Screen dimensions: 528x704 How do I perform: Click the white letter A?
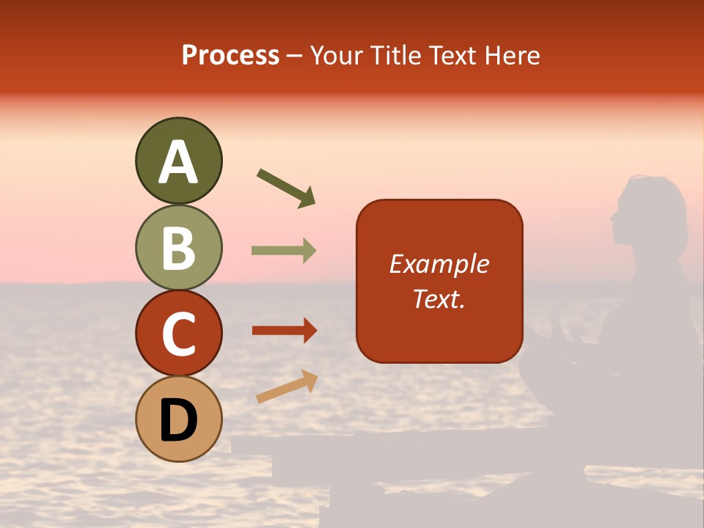coord(178,162)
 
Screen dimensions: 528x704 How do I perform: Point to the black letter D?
coord(178,421)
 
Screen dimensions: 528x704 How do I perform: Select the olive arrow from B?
coord(284,250)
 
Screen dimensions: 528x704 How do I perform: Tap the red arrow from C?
coord(285,331)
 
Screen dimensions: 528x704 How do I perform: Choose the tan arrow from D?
coord(287,386)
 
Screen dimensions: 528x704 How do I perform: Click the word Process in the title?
coord(230,56)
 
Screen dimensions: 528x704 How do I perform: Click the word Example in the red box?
coord(439,264)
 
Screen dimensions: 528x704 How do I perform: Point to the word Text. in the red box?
coord(439,298)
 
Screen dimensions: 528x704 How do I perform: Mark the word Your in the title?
coord(335,56)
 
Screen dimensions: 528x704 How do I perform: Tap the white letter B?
coord(178,249)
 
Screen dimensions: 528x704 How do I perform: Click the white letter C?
coord(178,334)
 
